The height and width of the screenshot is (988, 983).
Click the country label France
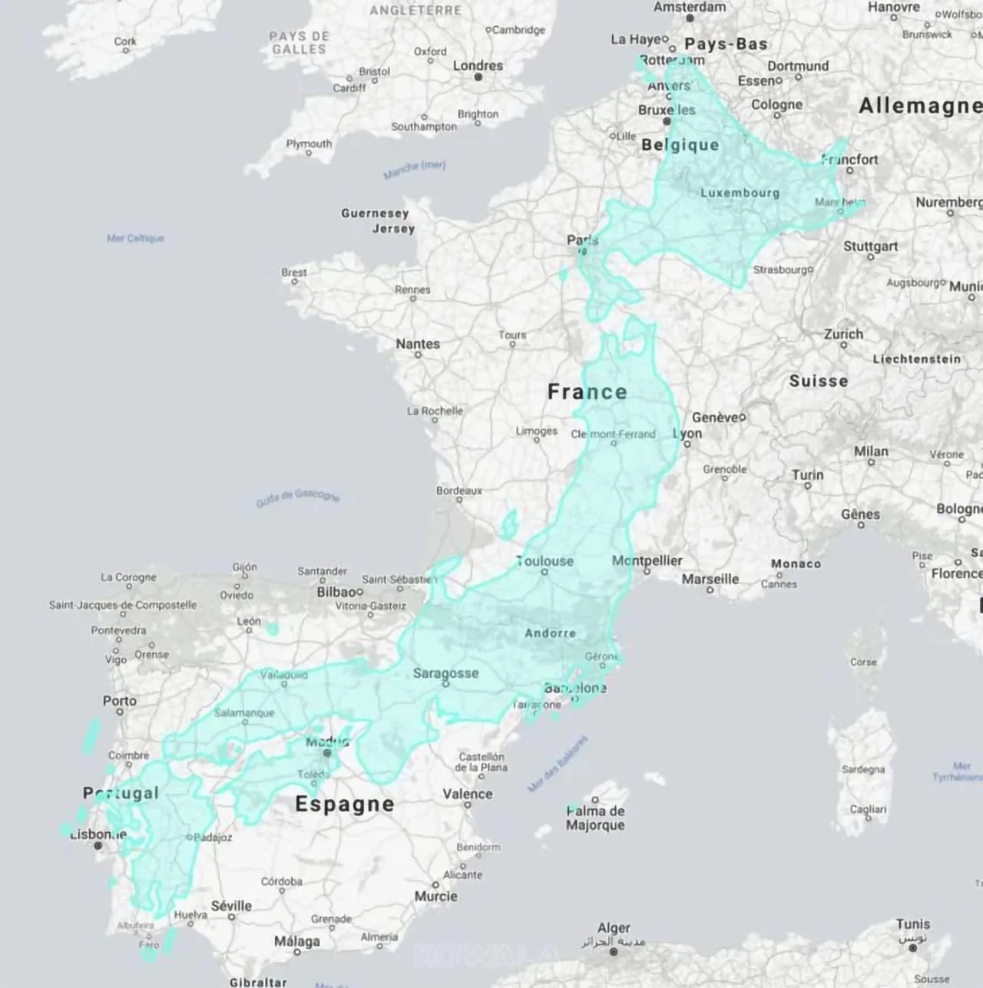(587, 392)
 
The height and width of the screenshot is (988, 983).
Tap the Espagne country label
(345, 804)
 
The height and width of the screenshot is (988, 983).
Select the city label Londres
(478, 66)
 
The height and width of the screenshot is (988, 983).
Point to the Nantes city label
(418, 344)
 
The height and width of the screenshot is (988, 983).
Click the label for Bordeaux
(459, 491)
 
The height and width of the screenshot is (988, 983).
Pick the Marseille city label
(710, 579)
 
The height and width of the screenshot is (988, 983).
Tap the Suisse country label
(819, 382)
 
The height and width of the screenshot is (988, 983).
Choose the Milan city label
(871, 451)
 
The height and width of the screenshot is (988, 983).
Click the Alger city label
(614, 928)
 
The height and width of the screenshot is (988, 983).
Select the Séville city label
(231, 906)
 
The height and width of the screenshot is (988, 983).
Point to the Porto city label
(120, 701)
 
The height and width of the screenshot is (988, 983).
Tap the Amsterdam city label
(690, 7)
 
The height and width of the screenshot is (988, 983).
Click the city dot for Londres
(478, 77)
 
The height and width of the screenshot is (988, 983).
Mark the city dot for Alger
(613, 952)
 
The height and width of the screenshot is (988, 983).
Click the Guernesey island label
(375, 213)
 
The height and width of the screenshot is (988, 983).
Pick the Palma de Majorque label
(595, 818)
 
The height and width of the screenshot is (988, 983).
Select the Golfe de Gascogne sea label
(297, 497)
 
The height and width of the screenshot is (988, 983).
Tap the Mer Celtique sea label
(135, 238)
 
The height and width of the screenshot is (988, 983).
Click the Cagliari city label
(868, 809)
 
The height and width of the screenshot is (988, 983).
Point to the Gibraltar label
(258, 982)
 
